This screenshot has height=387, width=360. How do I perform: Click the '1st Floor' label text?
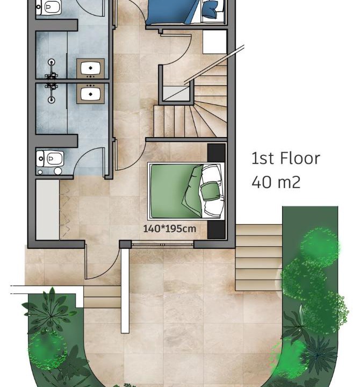click(x=285, y=158)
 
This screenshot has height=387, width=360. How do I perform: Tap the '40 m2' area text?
click(x=276, y=182)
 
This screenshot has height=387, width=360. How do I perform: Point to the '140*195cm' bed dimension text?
click(x=169, y=229)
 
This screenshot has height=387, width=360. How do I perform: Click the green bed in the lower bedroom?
click(x=186, y=191)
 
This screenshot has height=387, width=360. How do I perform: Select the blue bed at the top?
click(x=185, y=12)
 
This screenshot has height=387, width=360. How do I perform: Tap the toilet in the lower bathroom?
click(x=50, y=159)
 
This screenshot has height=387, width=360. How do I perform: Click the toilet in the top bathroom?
click(x=48, y=8)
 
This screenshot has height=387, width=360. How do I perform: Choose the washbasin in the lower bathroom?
click(x=90, y=94)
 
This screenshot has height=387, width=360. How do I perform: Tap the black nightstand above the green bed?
click(x=217, y=153)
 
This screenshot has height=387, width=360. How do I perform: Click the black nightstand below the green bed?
click(x=217, y=230)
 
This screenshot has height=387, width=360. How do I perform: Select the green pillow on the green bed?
click(x=209, y=191)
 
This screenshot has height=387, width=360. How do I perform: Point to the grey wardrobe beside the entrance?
click(x=47, y=210)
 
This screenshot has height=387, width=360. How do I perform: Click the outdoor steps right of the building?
click(x=259, y=257)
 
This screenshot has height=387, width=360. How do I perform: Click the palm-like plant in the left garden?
click(x=51, y=310)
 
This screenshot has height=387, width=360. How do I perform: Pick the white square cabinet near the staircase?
click(x=215, y=42)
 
